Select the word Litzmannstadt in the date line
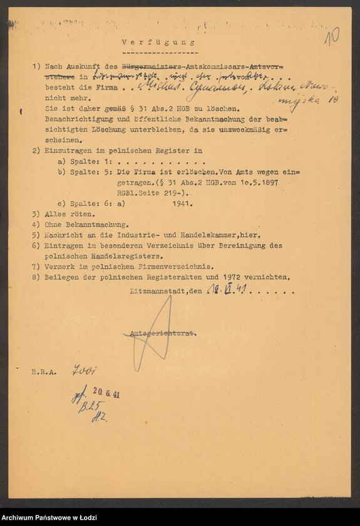click(x=158, y=291)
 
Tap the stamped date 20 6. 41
click(x=102, y=394)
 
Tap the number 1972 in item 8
click(x=239, y=276)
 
